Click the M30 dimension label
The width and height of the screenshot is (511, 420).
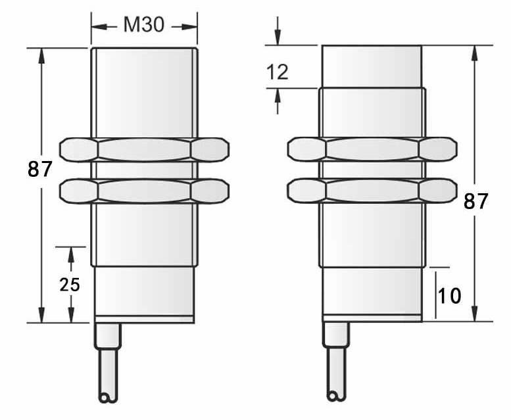[x=144, y=26]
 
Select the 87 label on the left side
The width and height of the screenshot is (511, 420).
[x=40, y=170]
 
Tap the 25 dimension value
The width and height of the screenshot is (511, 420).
[x=70, y=285]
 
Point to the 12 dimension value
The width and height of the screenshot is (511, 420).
[x=278, y=72]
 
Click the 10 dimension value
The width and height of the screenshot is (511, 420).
[x=450, y=296]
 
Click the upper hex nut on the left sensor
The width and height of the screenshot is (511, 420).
[x=144, y=149]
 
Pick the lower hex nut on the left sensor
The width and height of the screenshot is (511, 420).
[x=144, y=191]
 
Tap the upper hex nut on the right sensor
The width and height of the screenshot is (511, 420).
[x=372, y=149]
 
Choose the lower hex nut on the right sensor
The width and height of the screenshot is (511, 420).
[x=372, y=191]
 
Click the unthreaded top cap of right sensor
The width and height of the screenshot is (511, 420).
[x=372, y=66]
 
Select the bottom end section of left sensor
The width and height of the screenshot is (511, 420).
[x=144, y=293]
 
